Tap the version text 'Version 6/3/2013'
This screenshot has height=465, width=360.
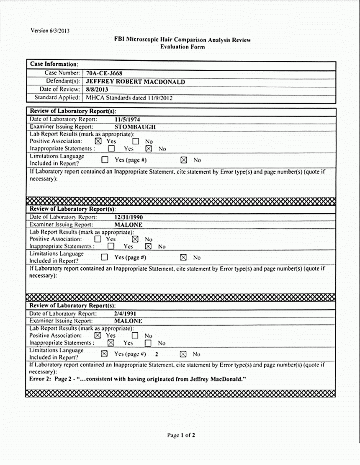tap(50, 31)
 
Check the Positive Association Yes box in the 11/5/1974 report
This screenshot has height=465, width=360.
tap(98, 141)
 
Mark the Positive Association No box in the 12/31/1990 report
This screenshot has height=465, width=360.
tap(135, 239)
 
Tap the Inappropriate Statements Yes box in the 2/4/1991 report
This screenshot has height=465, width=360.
tap(111, 343)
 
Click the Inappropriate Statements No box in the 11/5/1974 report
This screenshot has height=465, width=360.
tap(148, 148)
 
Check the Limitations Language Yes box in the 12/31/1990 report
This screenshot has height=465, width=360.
tap(105, 257)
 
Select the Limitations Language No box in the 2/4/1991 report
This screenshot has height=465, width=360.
tap(183, 354)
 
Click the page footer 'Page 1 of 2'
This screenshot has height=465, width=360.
tap(181, 435)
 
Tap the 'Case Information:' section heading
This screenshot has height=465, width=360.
tap(54, 65)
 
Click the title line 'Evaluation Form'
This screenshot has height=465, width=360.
tap(183, 47)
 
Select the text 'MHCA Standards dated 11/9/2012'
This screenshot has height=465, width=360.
tap(129, 98)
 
